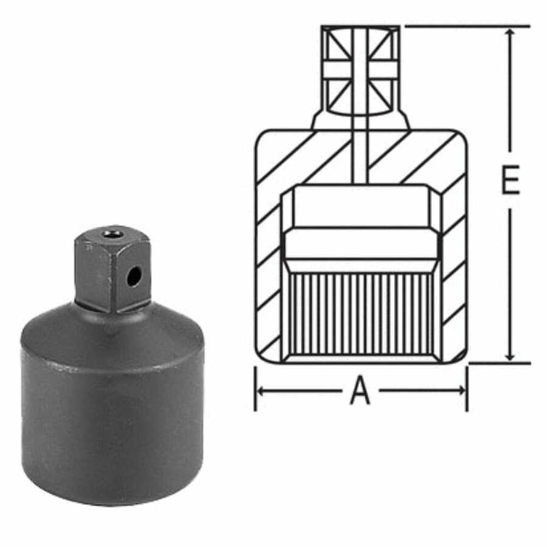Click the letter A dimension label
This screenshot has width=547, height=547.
(360, 392)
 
